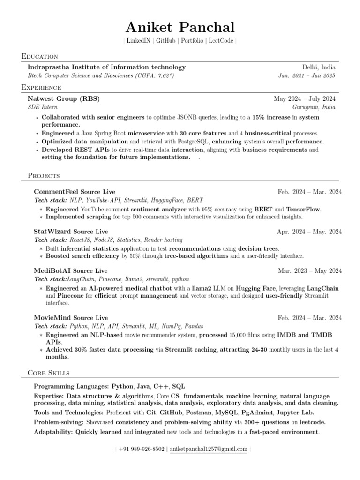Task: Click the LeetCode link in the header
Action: point(221,41)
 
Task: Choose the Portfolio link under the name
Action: point(191,41)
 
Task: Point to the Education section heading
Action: point(39,56)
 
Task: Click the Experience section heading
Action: point(41,88)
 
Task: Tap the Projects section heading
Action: point(44,176)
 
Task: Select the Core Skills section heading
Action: point(49,373)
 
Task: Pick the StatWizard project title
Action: point(53,232)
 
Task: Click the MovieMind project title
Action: point(53,318)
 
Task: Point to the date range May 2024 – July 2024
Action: point(305,99)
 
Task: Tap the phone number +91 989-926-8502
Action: point(142,449)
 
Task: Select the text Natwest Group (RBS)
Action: point(64,99)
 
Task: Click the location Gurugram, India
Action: point(314,107)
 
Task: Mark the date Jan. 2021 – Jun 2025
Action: point(307,75)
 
